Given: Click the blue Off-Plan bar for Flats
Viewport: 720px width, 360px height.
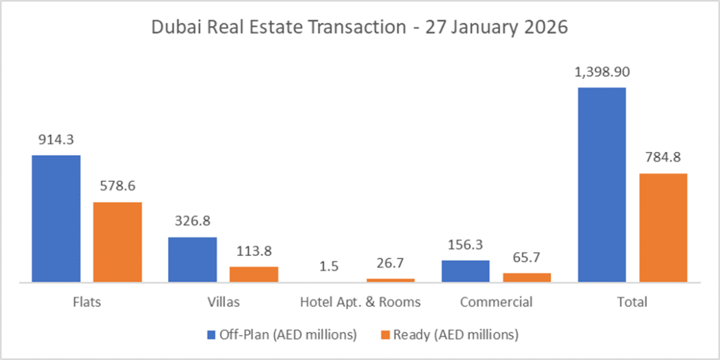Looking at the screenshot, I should coord(56,218).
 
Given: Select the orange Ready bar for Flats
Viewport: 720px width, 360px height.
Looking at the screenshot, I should coord(117,242).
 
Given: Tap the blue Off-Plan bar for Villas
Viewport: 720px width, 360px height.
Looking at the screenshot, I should coord(192,259).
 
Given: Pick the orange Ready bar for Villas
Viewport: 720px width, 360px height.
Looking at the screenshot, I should coord(254,274).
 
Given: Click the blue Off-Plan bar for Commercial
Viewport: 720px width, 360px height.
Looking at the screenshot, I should coord(465,271).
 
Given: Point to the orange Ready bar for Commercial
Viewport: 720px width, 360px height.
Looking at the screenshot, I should coord(527,277).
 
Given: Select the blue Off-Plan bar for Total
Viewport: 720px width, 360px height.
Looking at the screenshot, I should coord(601,184).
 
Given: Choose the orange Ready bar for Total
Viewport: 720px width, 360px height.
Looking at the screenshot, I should coord(663,227).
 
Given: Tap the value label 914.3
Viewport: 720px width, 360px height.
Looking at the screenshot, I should coord(56,139).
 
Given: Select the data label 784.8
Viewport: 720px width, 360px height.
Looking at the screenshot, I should coord(663,157).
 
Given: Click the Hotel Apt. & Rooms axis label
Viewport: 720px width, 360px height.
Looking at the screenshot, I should coord(360,302).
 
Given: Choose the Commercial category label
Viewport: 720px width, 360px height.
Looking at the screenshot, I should coord(496,302).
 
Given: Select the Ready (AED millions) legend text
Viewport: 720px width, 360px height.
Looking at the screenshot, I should coord(457,335).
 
